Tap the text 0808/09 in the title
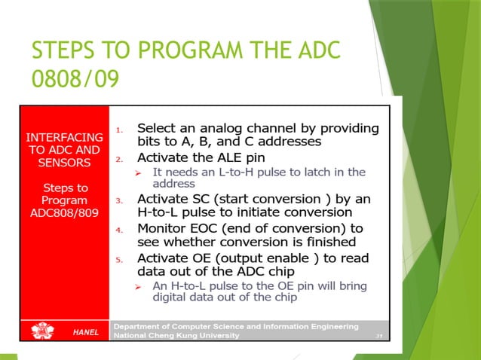[x=75, y=78]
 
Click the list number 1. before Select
[x=118, y=130]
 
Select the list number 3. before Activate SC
[x=118, y=201]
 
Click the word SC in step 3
[x=199, y=199]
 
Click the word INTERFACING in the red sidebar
[x=64, y=137]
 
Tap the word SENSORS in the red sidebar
[x=64, y=162]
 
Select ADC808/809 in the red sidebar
[x=64, y=212]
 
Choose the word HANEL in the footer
[x=85, y=332]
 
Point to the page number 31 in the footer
[x=378, y=337]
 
